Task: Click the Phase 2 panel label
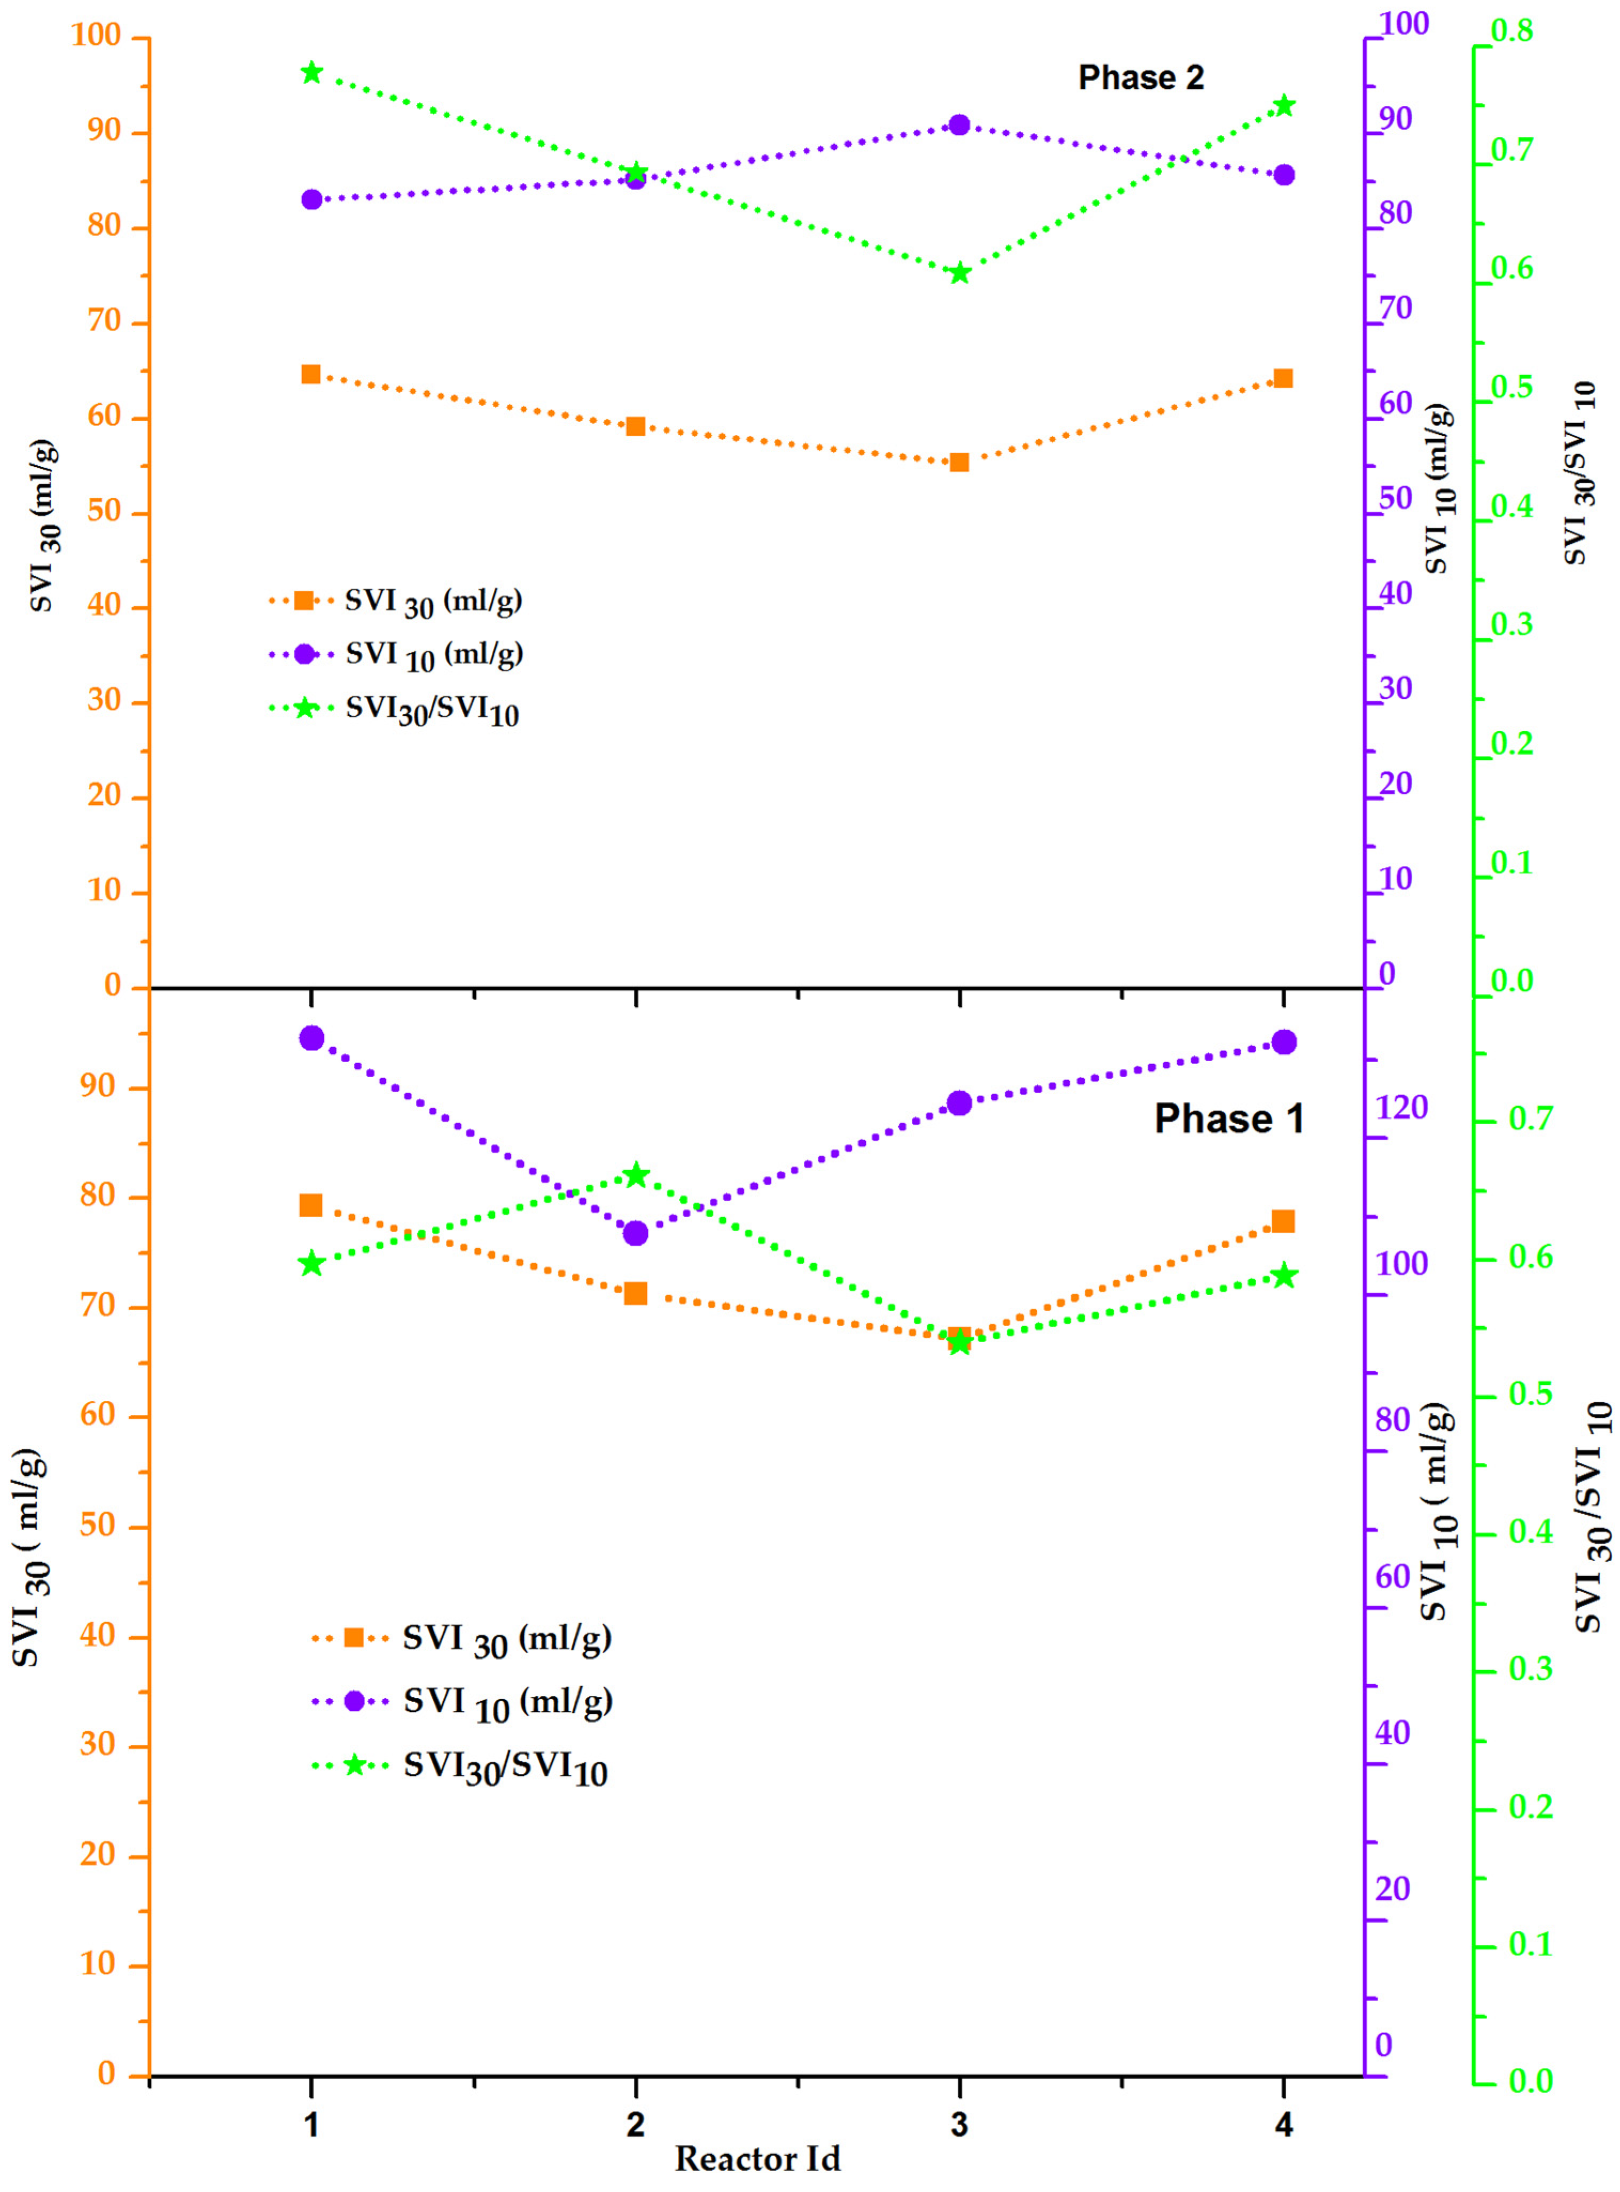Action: click(x=1140, y=77)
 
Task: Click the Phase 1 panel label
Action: click(x=1228, y=1118)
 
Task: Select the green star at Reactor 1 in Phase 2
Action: click(x=312, y=73)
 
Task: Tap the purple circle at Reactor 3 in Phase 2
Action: click(x=959, y=124)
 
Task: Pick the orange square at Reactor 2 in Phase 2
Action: click(x=636, y=426)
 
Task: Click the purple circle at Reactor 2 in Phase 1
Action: click(x=636, y=1233)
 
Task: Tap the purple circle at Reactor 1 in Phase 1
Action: click(x=312, y=1038)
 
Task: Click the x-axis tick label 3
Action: click(x=959, y=2124)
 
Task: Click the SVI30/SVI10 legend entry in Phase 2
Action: click(x=432, y=710)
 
